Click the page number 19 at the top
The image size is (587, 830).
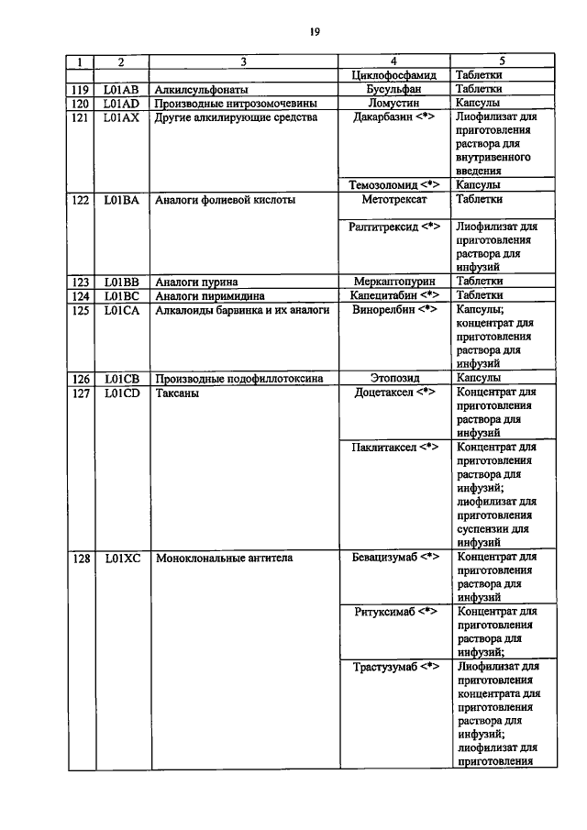pyautogui.click(x=314, y=31)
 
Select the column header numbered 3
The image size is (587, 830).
pyautogui.click(x=242, y=62)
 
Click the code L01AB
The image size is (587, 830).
pyautogui.click(x=121, y=90)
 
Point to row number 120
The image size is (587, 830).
pyautogui.click(x=81, y=104)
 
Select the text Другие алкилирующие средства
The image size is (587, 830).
pyautogui.click(x=236, y=118)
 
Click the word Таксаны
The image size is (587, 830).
pyautogui.click(x=177, y=393)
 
